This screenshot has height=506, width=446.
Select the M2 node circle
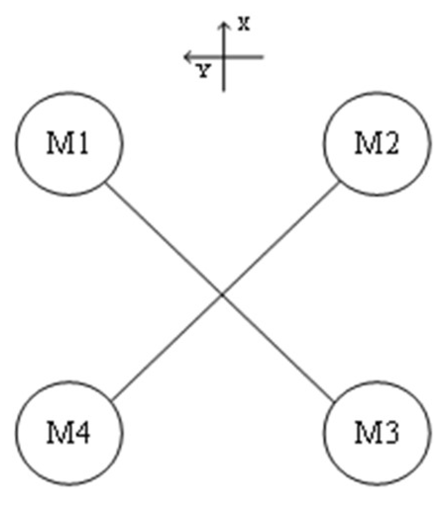click(377, 144)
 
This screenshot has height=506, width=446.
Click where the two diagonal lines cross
click(222, 295)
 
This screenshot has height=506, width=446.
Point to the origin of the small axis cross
click(224, 57)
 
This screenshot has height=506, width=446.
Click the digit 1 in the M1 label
click(83, 145)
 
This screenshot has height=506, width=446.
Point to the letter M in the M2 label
click(366, 145)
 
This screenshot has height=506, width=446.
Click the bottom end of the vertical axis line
click(224, 90)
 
